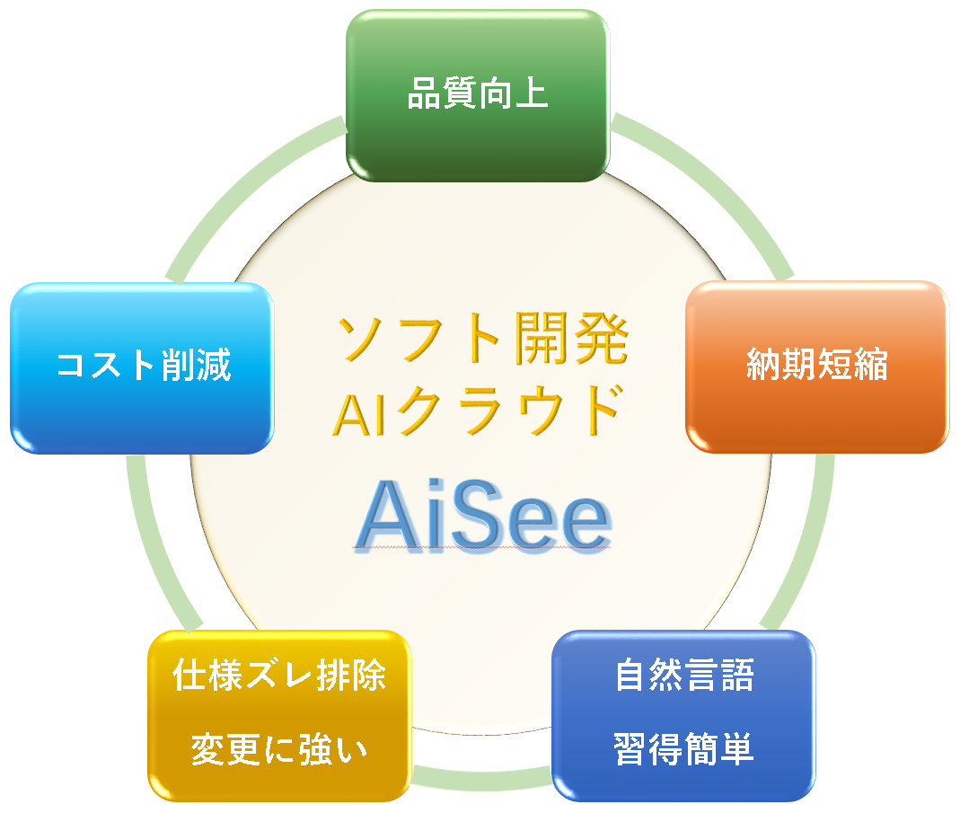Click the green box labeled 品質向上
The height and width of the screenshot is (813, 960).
[478, 95]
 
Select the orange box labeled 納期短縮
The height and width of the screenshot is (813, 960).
[816, 367]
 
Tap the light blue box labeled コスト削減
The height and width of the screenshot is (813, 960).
[142, 368]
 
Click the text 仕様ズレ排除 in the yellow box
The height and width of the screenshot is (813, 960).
[279, 676]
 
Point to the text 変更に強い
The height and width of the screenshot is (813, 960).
[279, 748]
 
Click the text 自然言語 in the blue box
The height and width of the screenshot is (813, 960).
[684, 676]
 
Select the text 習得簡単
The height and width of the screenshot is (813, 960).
[683, 748]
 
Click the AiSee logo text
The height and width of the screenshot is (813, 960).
[484, 516]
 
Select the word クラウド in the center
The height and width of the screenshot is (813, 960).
[509, 411]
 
